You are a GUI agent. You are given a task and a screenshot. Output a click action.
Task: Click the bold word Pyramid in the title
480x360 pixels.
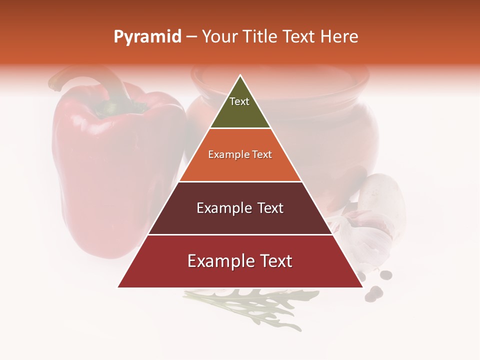[x=147, y=37]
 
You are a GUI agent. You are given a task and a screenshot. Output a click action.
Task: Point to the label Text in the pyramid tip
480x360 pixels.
[x=239, y=101]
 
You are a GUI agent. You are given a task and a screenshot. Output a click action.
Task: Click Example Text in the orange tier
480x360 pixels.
[x=240, y=154]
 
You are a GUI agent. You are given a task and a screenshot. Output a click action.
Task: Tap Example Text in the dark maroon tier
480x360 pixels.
[x=240, y=208]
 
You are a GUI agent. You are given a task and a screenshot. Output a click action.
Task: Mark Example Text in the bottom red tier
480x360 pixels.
[x=240, y=261]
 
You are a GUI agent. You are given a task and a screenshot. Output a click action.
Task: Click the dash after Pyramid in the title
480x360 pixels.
[x=191, y=37]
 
